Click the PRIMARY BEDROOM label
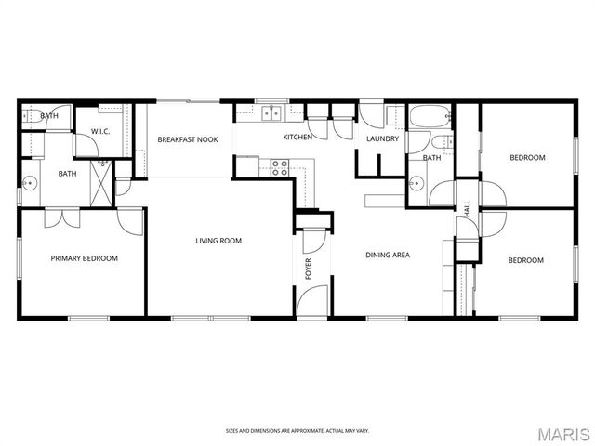84,259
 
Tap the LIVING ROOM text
218,241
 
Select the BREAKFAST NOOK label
187,139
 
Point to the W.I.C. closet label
100,131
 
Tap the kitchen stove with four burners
278,167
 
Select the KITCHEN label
297,138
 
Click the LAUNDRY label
382,139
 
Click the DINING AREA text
387,255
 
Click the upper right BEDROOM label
526,158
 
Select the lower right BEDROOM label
525,260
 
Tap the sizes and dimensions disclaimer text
297,430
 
